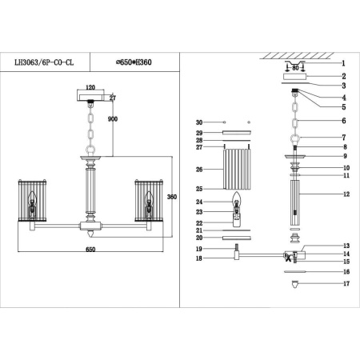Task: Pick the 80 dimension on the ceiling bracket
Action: pyautogui.click(x=295, y=69)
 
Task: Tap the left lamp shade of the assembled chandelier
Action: pyautogui.click(x=30, y=202)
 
